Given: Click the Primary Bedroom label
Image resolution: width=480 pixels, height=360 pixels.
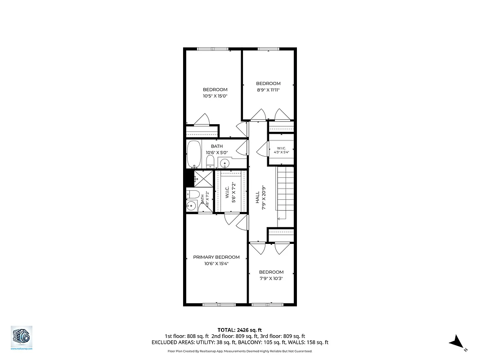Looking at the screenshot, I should [x=216, y=257].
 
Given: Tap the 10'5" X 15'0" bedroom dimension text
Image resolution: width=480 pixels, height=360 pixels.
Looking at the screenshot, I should [x=215, y=96].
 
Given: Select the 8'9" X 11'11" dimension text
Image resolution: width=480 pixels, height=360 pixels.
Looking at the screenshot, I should [x=268, y=90].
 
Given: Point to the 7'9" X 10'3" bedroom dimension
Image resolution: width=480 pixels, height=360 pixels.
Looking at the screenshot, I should [x=271, y=278].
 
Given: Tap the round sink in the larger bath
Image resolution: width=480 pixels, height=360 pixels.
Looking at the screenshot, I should [x=225, y=163].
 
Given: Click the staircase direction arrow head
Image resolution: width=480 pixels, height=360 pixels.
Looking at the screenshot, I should [x=279, y=219].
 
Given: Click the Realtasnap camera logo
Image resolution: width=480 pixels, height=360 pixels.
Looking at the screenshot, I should [x=22, y=336].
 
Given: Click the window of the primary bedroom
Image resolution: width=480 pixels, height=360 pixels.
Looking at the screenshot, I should [x=213, y=305].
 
